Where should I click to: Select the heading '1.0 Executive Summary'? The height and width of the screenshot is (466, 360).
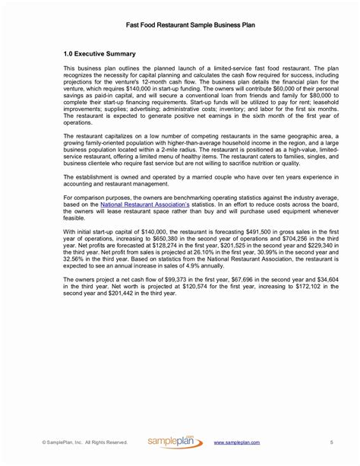pos(99,54)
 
